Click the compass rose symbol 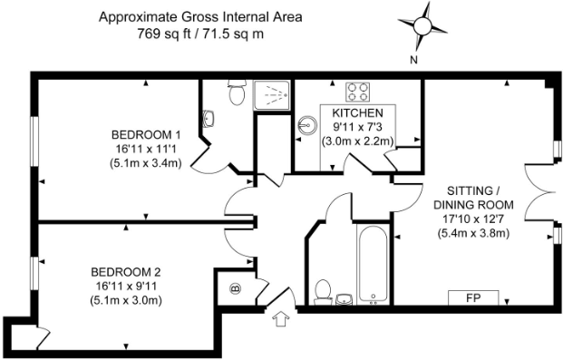[x=422, y=27]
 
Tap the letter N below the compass [x=413, y=61]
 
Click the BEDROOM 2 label [x=126, y=271]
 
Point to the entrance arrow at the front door [x=280, y=318]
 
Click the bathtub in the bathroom [x=373, y=266]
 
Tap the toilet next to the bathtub [x=322, y=290]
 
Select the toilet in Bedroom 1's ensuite [x=238, y=92]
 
